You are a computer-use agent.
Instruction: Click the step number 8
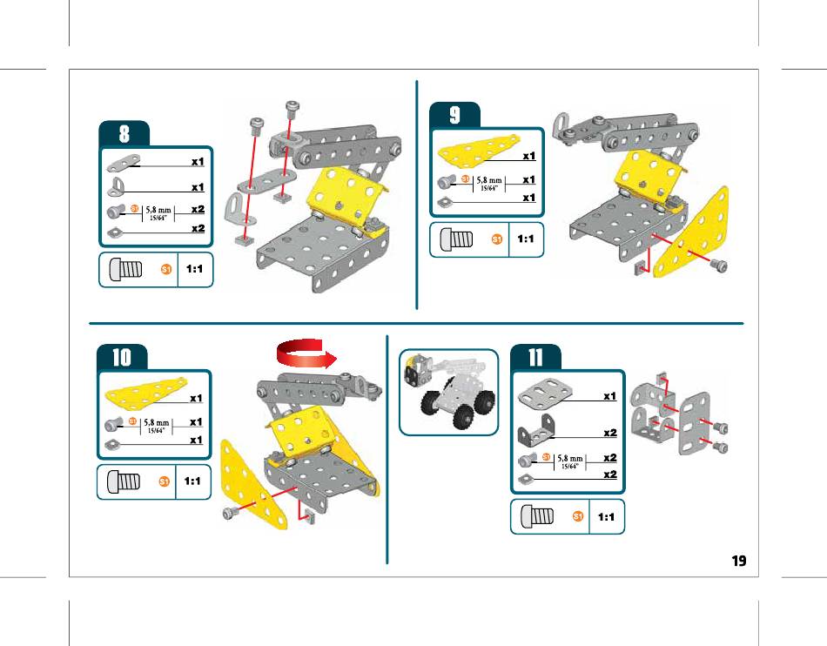pos(124,134)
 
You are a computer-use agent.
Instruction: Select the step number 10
pos(121,357)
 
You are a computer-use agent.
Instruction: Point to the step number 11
pos(535,357)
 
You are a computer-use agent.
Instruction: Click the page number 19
pos(738,561)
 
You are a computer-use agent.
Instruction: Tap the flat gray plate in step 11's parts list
pos(547,395)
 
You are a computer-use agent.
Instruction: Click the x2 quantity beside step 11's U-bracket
pos(609,432)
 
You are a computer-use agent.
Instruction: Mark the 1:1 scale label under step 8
pos(195,270)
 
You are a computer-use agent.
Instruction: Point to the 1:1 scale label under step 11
pos(608,517)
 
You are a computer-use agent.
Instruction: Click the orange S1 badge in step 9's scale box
pos(497,239)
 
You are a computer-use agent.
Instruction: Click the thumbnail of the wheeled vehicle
pos(447,392)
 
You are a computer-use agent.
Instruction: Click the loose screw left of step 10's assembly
pos(228,513)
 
